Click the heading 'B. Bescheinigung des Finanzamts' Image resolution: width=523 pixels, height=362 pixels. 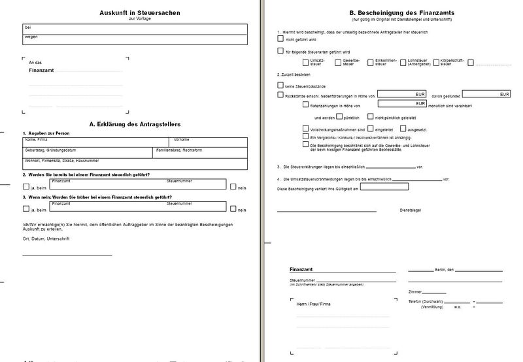396,12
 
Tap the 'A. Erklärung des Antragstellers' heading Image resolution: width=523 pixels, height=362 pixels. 135,123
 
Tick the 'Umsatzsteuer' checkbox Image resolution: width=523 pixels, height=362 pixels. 306,63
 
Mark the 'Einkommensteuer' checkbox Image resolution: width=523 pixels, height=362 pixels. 371,63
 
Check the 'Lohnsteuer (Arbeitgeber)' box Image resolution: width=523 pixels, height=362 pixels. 403,63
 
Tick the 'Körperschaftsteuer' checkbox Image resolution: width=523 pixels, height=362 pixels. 435,63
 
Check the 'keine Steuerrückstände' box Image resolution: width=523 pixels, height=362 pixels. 280,85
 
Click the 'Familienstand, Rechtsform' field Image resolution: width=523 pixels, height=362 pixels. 200,152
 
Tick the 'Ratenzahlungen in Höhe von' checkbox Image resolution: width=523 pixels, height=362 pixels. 306,105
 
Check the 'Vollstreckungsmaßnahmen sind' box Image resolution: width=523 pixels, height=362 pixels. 306,129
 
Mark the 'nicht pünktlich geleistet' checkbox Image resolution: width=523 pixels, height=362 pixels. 371,117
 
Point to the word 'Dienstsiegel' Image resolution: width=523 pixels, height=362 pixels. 409,210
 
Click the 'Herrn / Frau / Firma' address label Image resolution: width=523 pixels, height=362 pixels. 314,304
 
